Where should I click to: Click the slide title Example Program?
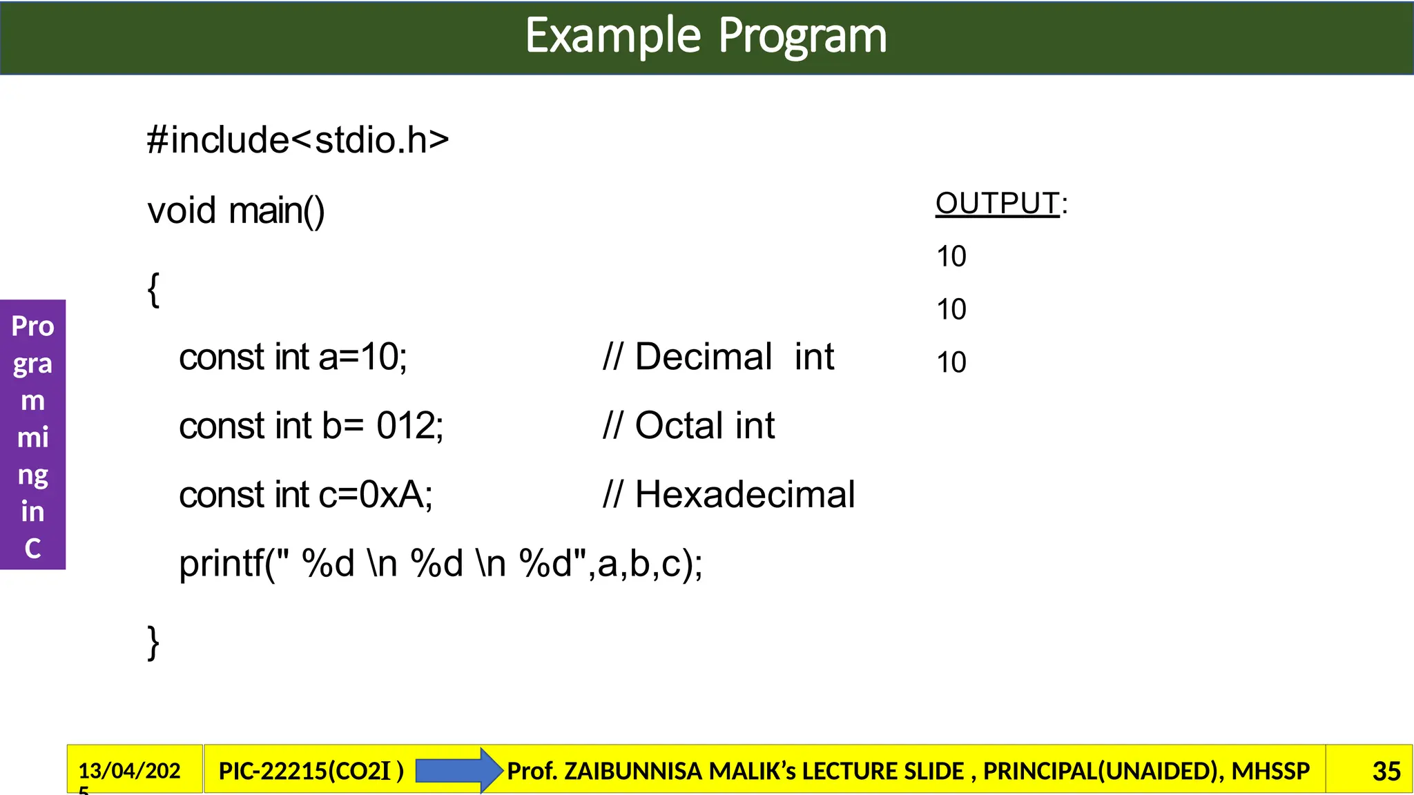tap(706, 36)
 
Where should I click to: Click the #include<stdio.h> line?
tap(298, 140)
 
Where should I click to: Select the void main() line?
tap(235, 210)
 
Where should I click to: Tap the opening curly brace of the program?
tap(153, 289)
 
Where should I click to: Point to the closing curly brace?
tap(153, 642)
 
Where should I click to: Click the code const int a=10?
tap(293, 357)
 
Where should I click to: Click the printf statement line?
tap(440, 564)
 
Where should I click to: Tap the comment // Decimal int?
tap(718, 357)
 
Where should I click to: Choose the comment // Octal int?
tap(688, 426)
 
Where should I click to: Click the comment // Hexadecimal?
tap(728, 495)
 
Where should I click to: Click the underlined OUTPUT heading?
tap(997, 204)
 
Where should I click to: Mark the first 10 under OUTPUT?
tap(951, 257)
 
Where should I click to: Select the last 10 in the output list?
tap(951, 362)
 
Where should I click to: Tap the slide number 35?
tap(1386, 771)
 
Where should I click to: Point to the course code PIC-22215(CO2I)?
tap(311, 771)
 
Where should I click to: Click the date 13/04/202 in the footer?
tap(129, 770)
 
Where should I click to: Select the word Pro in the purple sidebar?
tap(32, 326)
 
